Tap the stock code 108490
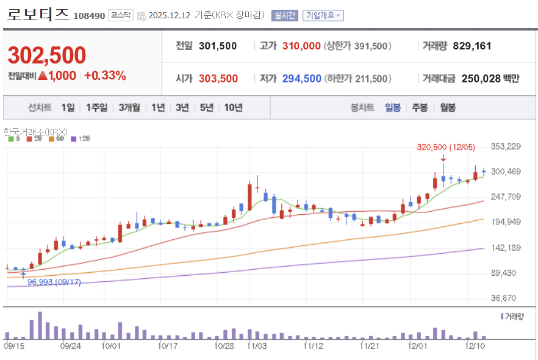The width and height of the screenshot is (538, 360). [x=89, y=16]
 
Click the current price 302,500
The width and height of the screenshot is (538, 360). [x=47, y=56]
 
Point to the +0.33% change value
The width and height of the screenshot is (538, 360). [x=105, y=76]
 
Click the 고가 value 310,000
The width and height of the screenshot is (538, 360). [x=301, y=46]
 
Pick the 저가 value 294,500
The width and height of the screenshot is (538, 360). [x=301, y=79]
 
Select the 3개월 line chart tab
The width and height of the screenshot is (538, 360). [x=129, y=107]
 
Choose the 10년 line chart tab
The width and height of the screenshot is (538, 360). [x=233, y=107]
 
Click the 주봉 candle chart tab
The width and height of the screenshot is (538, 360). [x=420, y=107]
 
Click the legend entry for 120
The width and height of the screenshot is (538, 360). [x=81, y=139]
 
